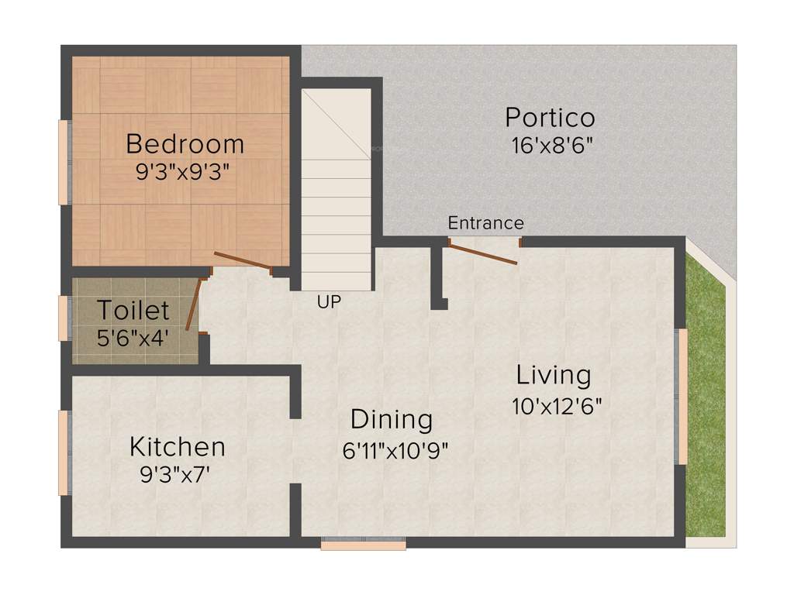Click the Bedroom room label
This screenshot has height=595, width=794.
(185, 144)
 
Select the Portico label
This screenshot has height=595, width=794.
(550, 118)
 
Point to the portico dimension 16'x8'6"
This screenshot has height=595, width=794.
(552, 145)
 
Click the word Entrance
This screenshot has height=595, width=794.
(485, 223)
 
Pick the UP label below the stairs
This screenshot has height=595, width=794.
(329, 302)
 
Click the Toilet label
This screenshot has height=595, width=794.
(133, 311)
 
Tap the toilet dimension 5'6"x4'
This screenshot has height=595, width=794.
(133, 338)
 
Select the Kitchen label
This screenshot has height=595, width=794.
(177, 447)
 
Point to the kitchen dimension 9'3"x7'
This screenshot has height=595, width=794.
(175, 475)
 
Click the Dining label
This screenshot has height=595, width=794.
(392, 420)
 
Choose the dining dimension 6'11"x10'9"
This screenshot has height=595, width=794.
(395, 449)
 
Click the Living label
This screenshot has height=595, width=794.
(554, 376)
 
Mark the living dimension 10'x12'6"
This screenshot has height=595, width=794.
(557, 405)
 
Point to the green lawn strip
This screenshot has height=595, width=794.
(706, 403)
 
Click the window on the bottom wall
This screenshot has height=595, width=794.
(363, 545)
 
